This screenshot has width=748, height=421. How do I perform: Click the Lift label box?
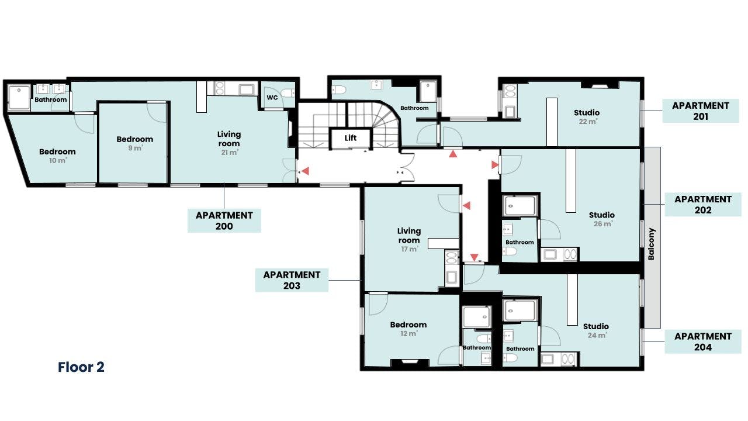350,138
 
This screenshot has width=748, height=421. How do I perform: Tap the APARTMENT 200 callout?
224,220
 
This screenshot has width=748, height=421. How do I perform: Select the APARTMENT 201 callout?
701,111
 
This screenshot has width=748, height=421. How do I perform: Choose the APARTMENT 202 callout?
703,205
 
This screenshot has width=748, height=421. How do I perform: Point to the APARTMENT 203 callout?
292,280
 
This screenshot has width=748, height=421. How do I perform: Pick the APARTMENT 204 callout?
703,341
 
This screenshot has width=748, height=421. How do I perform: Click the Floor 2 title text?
81,367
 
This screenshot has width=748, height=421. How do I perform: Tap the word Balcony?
652,244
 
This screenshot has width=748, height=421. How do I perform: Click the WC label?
272,98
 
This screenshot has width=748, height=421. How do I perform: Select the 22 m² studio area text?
588,122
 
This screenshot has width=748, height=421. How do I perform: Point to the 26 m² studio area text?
602,224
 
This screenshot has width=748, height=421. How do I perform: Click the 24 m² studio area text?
597,335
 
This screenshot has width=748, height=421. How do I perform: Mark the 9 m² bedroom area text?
135,148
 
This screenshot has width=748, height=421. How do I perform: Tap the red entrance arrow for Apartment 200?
305,171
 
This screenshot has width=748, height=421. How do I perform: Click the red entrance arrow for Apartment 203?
466,205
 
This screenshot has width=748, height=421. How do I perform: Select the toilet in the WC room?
288,92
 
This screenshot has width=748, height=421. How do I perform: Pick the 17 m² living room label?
409,240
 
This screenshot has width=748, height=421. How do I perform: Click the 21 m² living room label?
229,143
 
